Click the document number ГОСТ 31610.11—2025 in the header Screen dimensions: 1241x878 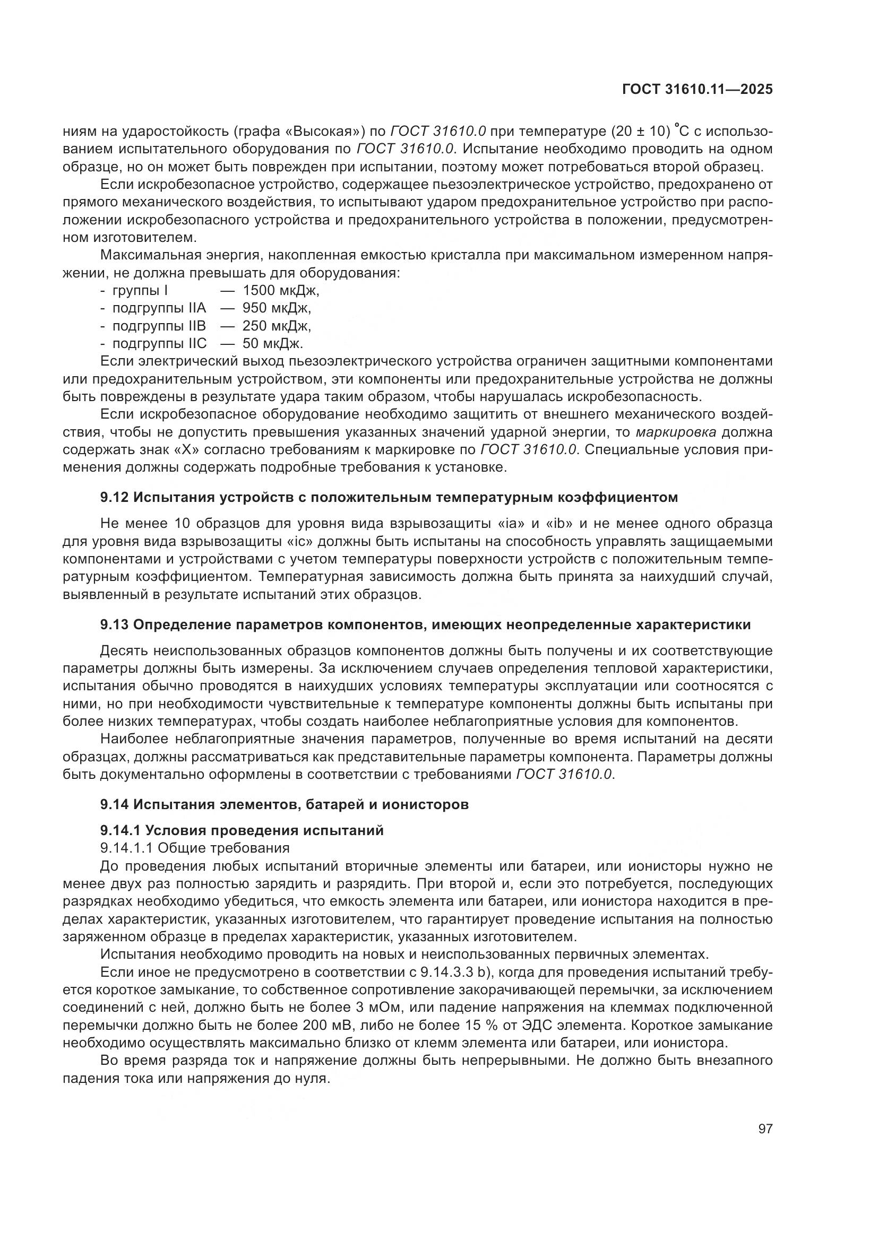click(698, 90)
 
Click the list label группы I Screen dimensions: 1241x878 click(140, 291)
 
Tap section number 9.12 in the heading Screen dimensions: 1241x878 click(115, 497)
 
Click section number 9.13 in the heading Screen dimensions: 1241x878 click(115, 625)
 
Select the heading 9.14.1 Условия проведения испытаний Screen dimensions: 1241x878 click(242, 831)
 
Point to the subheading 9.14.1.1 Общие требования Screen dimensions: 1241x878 click(195, 847)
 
